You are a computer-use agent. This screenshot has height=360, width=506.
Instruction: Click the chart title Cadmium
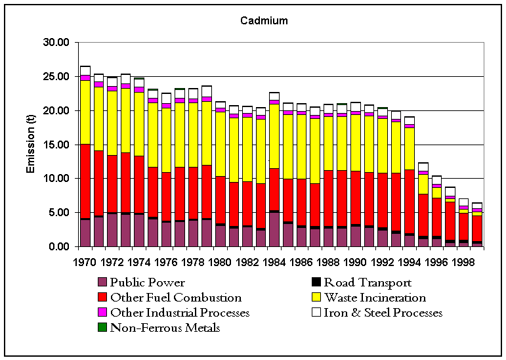[263, 21]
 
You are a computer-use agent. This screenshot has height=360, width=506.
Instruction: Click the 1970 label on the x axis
[85, 262]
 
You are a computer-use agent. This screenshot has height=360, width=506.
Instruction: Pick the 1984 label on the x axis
[274, 262]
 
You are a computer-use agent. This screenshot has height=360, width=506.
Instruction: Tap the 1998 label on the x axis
[463, 262]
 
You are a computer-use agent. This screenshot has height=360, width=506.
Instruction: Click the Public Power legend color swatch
[102, 283]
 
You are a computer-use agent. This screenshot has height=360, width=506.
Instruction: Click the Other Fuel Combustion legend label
[176, 298]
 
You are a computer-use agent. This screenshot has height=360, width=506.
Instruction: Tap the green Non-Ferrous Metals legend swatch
[102, 327]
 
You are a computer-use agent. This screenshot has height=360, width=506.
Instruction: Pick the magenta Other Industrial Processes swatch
[102, 313]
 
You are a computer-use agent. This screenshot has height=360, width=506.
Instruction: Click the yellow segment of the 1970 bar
[85, 112]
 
